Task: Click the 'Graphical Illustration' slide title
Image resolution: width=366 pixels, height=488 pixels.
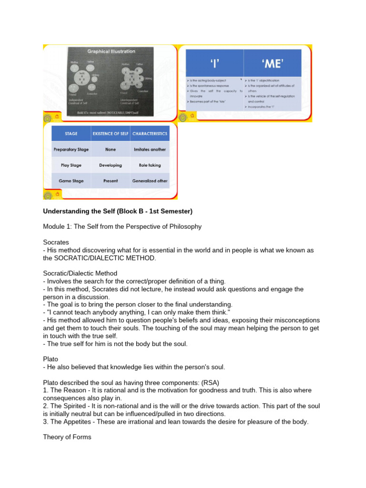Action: [111, 51]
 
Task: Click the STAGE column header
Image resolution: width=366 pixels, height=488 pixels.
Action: [71, 134]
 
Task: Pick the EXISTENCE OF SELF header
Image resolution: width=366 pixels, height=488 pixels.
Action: [111, 134]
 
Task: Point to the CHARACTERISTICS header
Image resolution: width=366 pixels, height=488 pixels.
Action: [149, 134]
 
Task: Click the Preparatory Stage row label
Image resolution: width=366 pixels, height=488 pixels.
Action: [71, 149]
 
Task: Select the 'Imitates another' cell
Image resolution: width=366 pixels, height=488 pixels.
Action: [149, 149]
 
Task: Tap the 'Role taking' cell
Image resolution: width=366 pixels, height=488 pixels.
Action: [149, 165]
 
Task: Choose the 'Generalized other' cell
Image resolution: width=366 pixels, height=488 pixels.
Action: [149, 181]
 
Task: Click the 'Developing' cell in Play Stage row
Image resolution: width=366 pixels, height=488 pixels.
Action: [111, 165]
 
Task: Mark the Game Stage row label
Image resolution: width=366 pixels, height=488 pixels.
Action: [71, 181]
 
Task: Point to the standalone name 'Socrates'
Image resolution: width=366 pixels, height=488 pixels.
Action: [56, 242]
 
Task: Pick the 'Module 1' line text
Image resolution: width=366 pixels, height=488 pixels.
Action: [122, 226]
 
